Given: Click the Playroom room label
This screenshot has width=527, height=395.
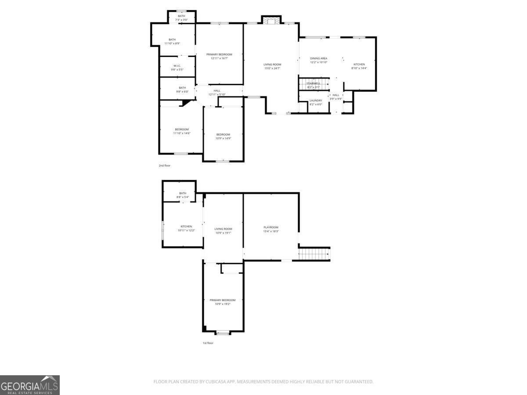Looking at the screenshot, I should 271,229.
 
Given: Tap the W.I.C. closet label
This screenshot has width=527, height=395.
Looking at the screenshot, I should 177,68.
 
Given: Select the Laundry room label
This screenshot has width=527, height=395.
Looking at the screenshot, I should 316,102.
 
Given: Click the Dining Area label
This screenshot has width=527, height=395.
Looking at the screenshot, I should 319,60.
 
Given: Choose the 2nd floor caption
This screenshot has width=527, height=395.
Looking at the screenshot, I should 165,165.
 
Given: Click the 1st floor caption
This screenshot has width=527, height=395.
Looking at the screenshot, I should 208,343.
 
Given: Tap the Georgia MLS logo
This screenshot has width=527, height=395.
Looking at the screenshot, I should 30,385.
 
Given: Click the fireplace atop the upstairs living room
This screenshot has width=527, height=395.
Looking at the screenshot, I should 271,20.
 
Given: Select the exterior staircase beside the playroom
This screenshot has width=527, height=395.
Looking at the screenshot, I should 314,254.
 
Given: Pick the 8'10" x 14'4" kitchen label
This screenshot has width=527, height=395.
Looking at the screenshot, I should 359,66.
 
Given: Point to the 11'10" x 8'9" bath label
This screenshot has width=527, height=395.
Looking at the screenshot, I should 172,41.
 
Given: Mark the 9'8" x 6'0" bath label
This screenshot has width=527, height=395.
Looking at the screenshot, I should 182,90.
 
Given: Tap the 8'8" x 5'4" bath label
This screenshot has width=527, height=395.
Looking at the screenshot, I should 183,195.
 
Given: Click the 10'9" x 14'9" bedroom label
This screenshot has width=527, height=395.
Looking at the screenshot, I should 223,136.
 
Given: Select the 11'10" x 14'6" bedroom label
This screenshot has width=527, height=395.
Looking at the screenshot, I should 182,131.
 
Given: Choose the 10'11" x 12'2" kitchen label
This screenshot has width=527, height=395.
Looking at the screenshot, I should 186,228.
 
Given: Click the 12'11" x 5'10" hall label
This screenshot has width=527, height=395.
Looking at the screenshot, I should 217,93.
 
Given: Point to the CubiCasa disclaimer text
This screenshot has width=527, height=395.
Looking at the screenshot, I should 263,382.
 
